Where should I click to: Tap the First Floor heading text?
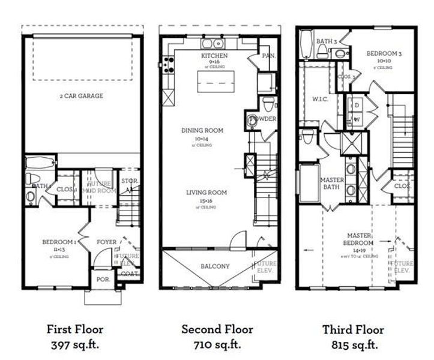point(75,329)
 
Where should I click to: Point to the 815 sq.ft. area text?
point(354,344)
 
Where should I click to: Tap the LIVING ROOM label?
point(205,193)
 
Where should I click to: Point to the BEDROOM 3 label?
point(379,54)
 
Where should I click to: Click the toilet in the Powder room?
point(252,121)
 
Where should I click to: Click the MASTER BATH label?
point(331,184)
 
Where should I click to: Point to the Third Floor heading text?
point(354,329)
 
